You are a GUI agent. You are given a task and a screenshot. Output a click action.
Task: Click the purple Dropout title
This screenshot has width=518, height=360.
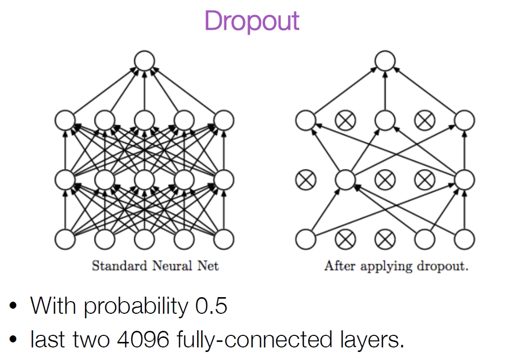coord(251,21)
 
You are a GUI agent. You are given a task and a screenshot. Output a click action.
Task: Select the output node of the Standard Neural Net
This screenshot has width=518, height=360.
coord(144,61)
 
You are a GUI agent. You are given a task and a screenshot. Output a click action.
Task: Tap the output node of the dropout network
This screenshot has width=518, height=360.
coord(385,61)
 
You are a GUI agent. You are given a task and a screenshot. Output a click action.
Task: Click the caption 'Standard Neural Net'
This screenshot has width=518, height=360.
coord(155,265)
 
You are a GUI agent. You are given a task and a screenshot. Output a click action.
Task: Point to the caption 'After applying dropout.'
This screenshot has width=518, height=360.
coord(396,265)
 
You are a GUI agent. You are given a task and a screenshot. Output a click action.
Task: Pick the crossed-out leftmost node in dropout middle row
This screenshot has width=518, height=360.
coord(305,179)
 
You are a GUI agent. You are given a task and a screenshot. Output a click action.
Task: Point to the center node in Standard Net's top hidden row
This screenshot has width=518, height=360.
coord(144,120)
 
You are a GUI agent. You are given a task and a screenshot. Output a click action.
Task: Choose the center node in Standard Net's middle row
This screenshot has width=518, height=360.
coord(144,179)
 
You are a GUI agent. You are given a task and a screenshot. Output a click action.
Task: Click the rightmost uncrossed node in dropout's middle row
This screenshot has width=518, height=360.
coord(465,179)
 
